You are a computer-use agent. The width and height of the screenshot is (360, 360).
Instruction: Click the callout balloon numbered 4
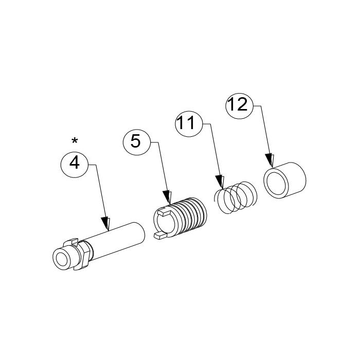click(x=75, y=164)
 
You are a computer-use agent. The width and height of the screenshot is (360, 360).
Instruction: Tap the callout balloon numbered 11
click(x=188, y=123)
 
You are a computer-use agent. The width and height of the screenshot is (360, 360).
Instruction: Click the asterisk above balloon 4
click(x=75, y=140)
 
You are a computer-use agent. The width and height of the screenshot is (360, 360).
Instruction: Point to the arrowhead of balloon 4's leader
click(x=106, y=223)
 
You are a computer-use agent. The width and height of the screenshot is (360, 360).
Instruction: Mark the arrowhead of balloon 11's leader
click(x=220, y=182)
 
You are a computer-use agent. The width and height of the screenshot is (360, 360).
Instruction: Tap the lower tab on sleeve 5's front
click(x=160, y=236)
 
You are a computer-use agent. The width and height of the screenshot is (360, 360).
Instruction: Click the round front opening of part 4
click(x=63, y=259)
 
